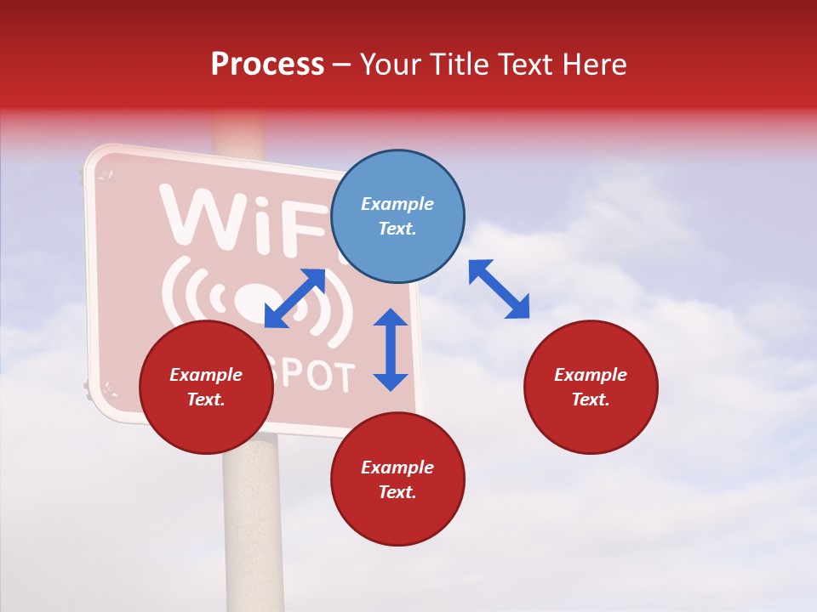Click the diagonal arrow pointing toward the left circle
tap(294, 298)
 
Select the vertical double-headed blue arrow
tap(391, 349)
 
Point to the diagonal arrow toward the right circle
tap(499, 289)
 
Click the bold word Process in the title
tap(267, 65)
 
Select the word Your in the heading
tap(390, 65)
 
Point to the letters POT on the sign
tap(320, 377)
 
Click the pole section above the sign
tap(239, 132)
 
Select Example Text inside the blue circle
tap(397, 216)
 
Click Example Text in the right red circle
tap(591, 387)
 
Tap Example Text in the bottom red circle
tap(397, 479)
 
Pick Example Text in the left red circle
tap(206, 387)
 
